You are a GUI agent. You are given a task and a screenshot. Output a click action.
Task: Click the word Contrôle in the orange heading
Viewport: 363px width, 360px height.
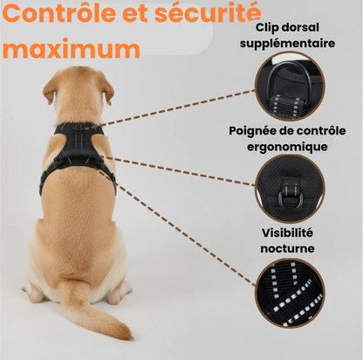(x=59, y=13)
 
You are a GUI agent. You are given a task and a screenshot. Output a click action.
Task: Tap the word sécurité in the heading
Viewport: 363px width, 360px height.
(x=208, y=13)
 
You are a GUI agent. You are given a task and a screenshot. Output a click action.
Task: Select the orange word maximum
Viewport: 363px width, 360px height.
(x=72, y=49)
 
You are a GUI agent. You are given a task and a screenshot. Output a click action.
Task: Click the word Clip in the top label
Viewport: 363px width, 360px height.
(x=266, y=28)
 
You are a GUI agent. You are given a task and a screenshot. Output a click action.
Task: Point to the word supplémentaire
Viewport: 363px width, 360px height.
(x=287, y=44)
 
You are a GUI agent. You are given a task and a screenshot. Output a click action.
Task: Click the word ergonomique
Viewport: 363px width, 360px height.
(x=287, y=147)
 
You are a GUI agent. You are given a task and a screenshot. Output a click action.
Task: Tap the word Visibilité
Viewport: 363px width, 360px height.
(x=287, y=233)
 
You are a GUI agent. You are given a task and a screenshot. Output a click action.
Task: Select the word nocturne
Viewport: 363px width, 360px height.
(x=287, y=249)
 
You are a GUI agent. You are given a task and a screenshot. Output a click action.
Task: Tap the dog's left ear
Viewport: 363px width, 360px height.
(x=49, y=90)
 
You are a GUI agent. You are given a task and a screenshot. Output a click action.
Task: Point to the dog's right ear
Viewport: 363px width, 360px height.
(x=108, y=92)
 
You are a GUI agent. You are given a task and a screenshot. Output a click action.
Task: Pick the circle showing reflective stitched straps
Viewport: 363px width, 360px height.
(x=290, y=293)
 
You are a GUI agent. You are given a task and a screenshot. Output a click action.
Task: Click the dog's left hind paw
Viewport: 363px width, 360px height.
(x=33, y=291)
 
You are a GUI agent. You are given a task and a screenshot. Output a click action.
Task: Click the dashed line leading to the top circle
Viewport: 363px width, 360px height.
(x=168, y=109)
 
